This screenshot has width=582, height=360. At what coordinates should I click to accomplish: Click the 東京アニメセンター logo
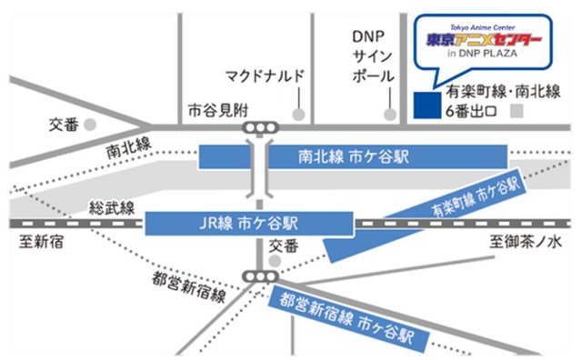coord(484,41)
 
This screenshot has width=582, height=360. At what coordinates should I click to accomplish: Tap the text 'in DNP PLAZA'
coord(483,57)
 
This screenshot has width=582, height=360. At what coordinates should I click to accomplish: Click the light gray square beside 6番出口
coord(518,113)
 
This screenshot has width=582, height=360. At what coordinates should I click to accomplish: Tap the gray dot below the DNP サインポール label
coord(390,115)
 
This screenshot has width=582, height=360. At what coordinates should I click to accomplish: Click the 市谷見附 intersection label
coord(210,109)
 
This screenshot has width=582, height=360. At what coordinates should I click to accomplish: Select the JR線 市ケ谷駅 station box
coord(248,223)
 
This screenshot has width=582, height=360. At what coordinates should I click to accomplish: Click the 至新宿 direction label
coord(38,243)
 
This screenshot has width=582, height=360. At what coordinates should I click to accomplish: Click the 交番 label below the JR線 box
coord(283,245)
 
